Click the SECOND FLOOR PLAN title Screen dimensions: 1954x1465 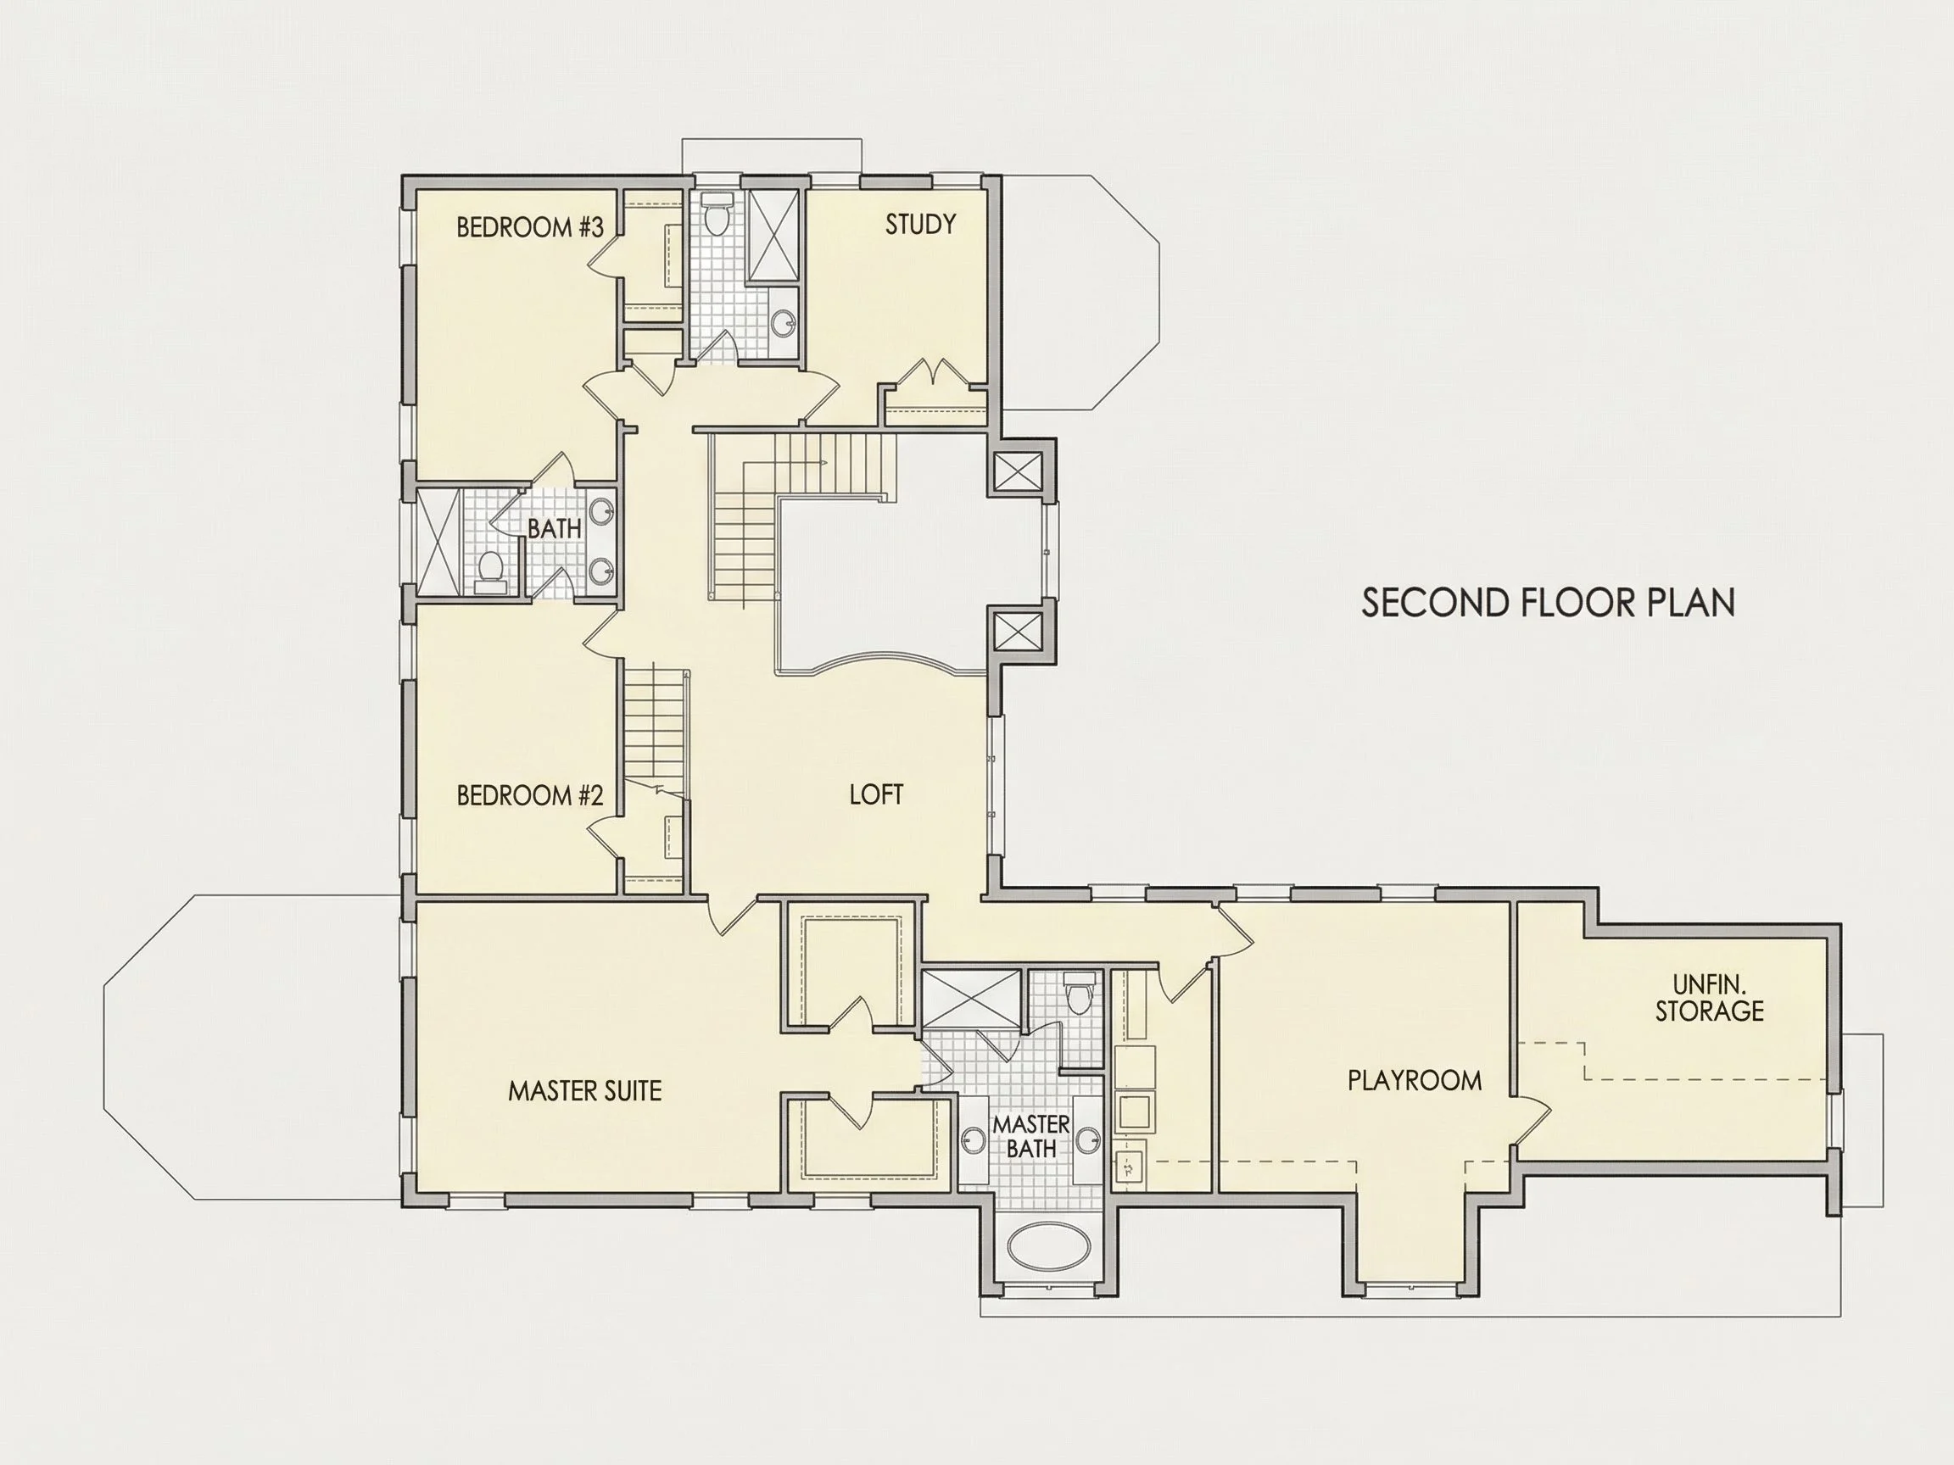pyautogui.click(x=1548, y=602)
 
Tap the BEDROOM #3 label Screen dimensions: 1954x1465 pyautogui.click(x=530, y=228)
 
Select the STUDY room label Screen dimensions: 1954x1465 pyautogui.click(x=920, y=225)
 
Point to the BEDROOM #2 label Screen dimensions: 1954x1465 pyautogui.click(x=530, y=795)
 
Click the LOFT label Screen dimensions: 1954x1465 pyautogui.click(x=876, y=794)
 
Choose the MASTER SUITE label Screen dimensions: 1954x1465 pyautogui.click(x=585, y=1091)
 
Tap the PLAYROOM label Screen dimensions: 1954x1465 pyautogui.click(x=1415, y=1080)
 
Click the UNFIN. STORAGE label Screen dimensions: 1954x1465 pyautogui.click(x=1709, y=998)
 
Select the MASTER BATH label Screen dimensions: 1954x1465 pyautogui.click(x=1031, y=1137)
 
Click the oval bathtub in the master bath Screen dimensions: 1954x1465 pyautogui.click(x=1048, y=1246)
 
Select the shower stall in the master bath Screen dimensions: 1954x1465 pyautogui.click(x=973, y=1000)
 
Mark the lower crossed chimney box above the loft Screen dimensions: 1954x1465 pyautogui.click(x=1018, y=632)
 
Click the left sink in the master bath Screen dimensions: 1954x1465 pyautogui.click(x=974, y=1141)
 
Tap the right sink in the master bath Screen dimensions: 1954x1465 pyautogui.click(x=1089, y=1141)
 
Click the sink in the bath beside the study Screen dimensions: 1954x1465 pyautogui.click(x=783, y=323)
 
